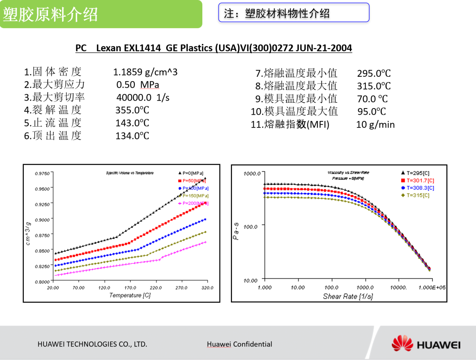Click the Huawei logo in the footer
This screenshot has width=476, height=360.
[x=426, y=344]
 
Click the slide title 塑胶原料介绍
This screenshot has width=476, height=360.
[x=50, y=15]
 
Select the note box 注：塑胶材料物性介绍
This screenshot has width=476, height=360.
[x=294, y=13]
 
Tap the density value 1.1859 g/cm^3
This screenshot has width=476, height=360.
[x=145, y=72]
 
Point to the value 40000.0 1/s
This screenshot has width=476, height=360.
[x=143, y=97]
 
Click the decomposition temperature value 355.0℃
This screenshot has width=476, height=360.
[x=132, y=110]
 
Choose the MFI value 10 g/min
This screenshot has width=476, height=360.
[x=376, y=124]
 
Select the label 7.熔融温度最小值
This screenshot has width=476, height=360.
[x=296, y=73]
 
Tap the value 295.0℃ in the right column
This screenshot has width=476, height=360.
[x=374, y=73]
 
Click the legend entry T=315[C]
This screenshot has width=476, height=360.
[x=417, y=195]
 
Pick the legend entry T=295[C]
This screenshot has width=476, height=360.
[x=417, y=173]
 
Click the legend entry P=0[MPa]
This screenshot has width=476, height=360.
[x=193, y=173]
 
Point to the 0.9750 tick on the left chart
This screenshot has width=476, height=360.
[x=42, y=173]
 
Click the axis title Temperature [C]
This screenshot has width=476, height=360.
[x=130, y=295]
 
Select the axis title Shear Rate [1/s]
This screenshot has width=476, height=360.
[x=348, y=296]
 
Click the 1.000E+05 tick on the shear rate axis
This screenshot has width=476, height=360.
[x=432, y=288]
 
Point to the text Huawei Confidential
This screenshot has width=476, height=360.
[x=239, y=344]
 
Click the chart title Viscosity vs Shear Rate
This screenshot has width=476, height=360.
[x=348, y=172]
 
